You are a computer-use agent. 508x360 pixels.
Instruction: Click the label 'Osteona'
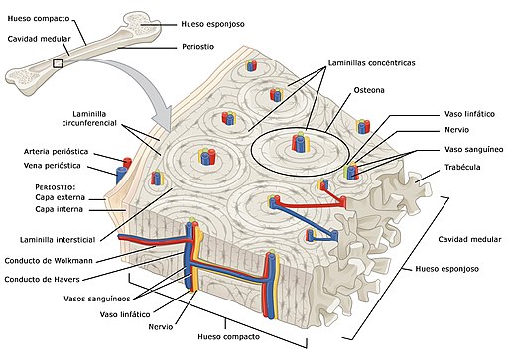tap(369, 90)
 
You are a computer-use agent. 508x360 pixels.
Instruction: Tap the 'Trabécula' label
tap(462, 167)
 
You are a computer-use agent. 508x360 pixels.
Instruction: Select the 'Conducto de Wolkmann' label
tap(49, 261)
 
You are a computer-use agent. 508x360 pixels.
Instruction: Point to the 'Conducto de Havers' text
tap(42, 280)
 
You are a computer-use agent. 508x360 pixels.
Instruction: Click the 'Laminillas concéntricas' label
tap(371, 63)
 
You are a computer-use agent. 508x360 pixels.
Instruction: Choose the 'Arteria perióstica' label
tap(56, 152)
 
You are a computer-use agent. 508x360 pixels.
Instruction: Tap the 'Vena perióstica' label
tap(53, 166)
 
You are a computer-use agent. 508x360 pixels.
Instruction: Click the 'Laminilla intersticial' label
tap(58, 240)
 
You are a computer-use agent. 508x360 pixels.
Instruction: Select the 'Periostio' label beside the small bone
tap(198, 47)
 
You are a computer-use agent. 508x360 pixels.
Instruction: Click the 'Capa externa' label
tap(60, 197)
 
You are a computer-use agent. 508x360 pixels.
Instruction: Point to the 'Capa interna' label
tap(59, 209)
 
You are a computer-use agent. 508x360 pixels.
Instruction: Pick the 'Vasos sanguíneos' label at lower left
tap(97, 299)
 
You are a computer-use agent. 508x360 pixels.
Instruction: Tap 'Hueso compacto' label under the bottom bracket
tap(229, 337)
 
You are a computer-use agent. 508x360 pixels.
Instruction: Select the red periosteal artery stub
tap(127, 162)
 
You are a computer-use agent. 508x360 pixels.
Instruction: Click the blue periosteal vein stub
tap(121, 176)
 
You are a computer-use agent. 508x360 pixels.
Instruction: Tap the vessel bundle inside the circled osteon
tap(301, 143)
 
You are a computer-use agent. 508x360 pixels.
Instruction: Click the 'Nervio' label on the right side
tap(456, 130)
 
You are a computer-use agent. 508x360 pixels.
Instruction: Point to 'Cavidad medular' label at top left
tap(39, 39)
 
